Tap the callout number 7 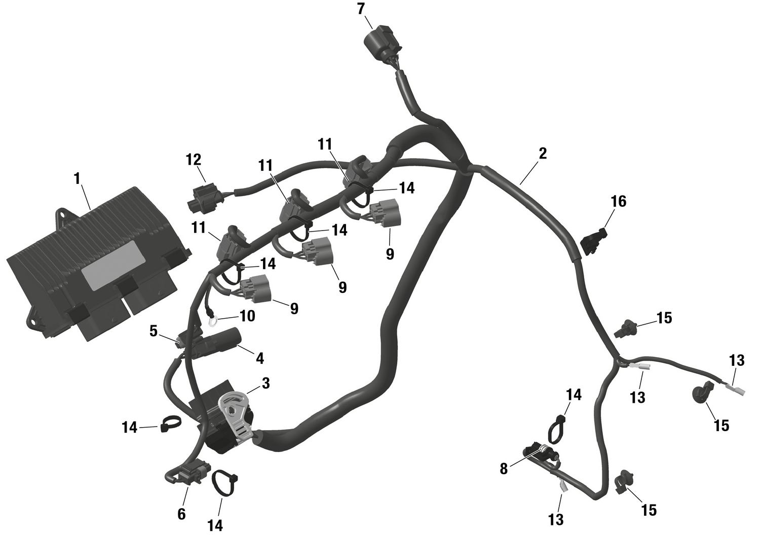[x=361, y=9]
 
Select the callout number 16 [x=619, y=202]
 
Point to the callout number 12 [x=194, y=160]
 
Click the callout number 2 [x=543, y=153]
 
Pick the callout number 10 [x=247, y=316]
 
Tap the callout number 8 [x=504, y=469]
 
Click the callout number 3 [x=265, y=383]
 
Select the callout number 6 [x=181, y=514]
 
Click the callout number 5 [x=154, y=331]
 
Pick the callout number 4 [x=260, y=359]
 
